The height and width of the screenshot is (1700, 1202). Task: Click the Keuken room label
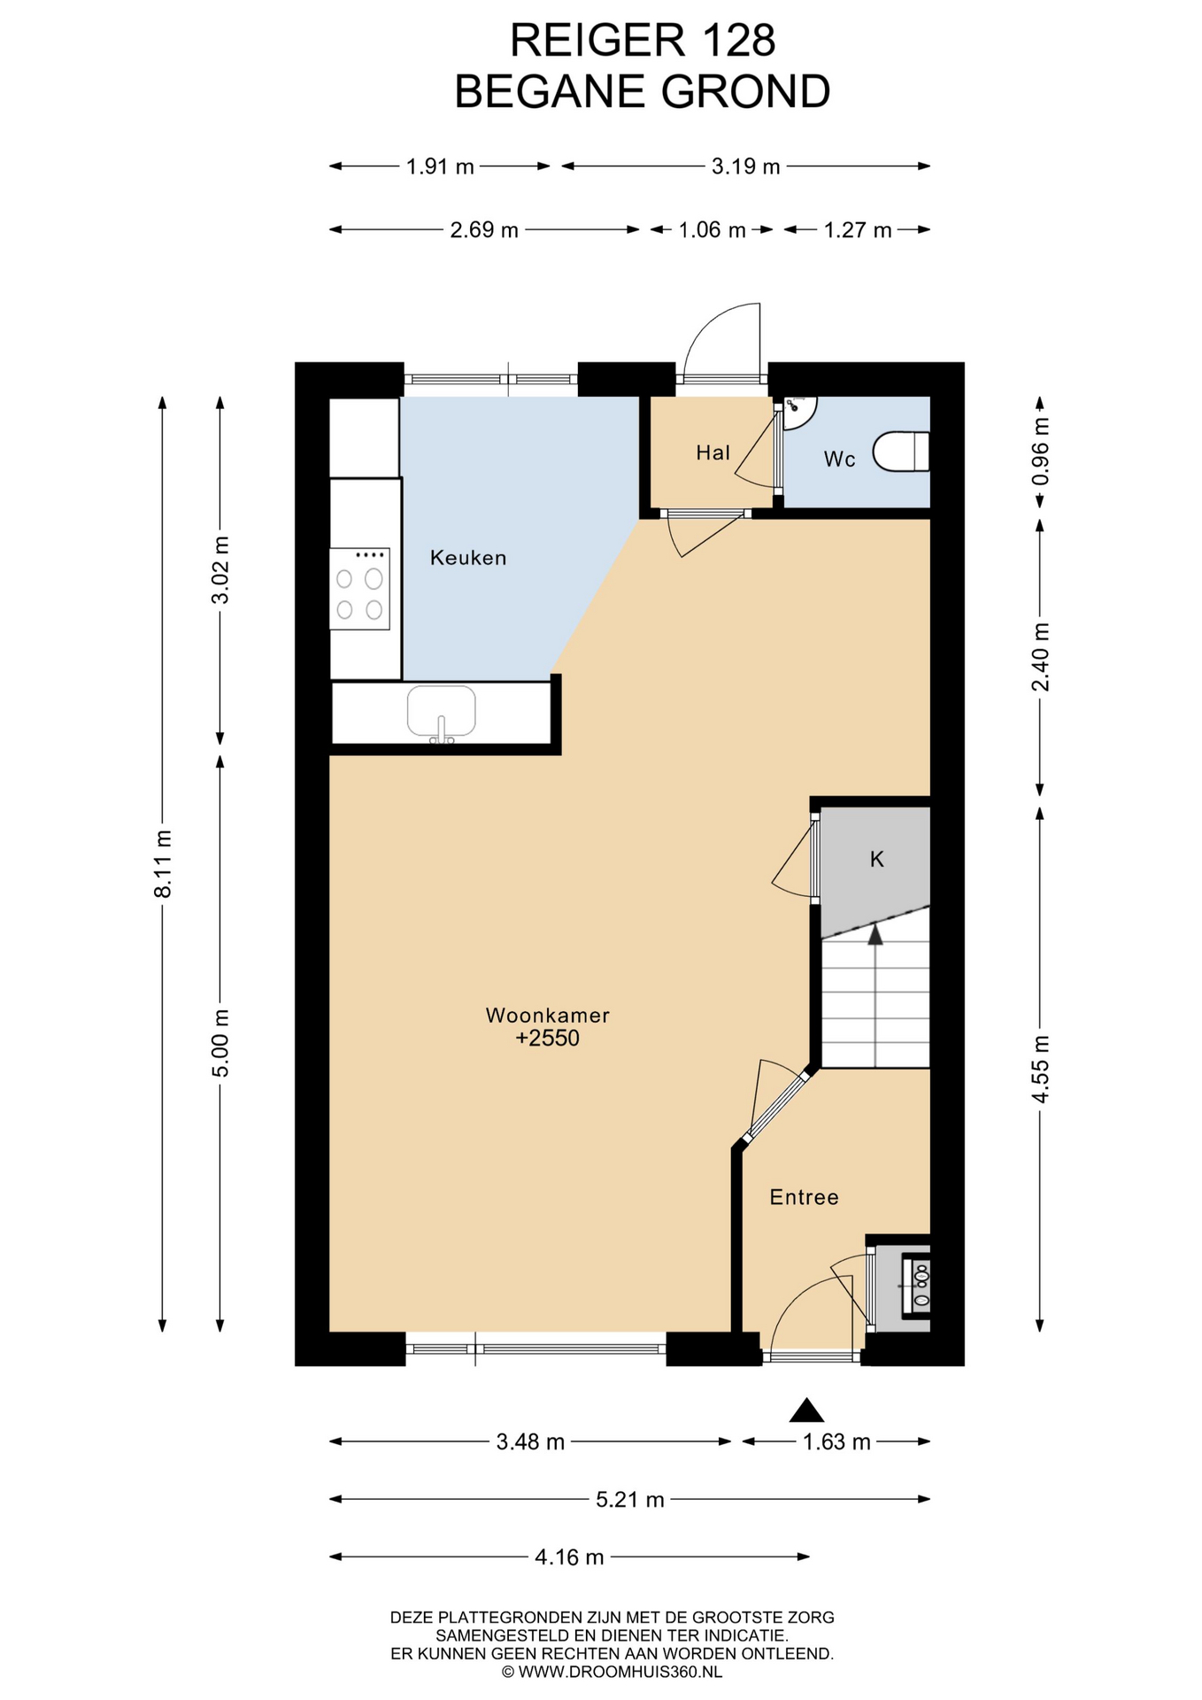(x=468, y=558)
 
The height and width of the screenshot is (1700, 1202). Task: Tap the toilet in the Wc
(x=901, y=452)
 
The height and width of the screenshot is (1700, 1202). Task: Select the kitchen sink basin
(x=441, y=711)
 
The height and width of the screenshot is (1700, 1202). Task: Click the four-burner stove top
(x=360, y=589)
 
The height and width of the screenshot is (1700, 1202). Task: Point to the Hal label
(x=713, y=453)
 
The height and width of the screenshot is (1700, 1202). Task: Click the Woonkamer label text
(x=548, y=1015)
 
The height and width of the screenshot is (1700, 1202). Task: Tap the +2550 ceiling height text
(x=548, y=1038)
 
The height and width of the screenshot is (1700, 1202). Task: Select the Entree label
(x=804, y=1197)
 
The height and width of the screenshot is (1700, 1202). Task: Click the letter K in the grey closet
(x=877, y=859)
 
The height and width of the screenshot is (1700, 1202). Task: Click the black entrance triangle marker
(x=806, y=1410)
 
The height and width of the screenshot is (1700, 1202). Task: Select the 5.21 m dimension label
(x=630, y=1499)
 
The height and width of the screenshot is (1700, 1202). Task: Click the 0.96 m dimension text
(x=1040, y=451)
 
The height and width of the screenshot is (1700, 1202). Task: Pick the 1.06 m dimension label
(x=713, y=230)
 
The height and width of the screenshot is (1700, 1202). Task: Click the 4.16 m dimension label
(x=569, y=1557)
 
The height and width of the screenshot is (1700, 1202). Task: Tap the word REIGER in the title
(x=597, y=41)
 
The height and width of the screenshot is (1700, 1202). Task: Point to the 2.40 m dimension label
(x=1040, y=657)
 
